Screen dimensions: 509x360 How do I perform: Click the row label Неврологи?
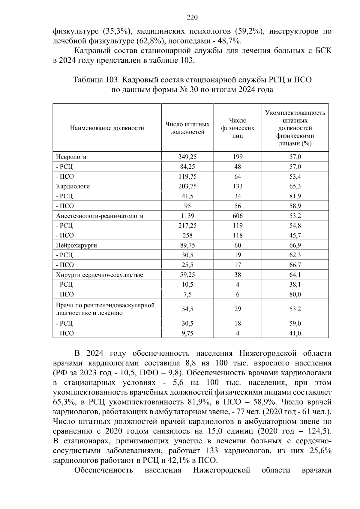coord(71,157)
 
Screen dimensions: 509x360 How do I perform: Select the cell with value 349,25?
coord(187,157)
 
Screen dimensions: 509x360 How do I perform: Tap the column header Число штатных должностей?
coord(187,128)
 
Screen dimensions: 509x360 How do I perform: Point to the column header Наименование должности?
coord(107,128)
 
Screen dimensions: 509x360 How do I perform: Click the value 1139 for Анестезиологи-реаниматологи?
coord(187,216)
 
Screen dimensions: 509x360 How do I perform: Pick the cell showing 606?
coord(237,216)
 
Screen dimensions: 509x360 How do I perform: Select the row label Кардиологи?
coord(73,186)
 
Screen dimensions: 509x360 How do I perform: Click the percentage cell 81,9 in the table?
coord(295,196)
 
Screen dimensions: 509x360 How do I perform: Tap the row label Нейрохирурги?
coord(76,246)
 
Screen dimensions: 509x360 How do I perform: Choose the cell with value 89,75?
coord(187,246)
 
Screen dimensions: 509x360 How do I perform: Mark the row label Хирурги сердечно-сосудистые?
coord(99,275)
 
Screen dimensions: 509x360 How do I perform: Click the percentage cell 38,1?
coord(295,284)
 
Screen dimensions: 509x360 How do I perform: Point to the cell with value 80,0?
coord(295,294)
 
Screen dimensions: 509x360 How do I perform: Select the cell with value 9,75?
coord(187,333)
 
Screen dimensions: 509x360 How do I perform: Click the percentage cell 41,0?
coord(295,333)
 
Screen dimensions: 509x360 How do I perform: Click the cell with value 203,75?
coord(187,186)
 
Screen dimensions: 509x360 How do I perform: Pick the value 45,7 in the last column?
coord(295,236)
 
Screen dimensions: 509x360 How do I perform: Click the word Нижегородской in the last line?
coord(221,470)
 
